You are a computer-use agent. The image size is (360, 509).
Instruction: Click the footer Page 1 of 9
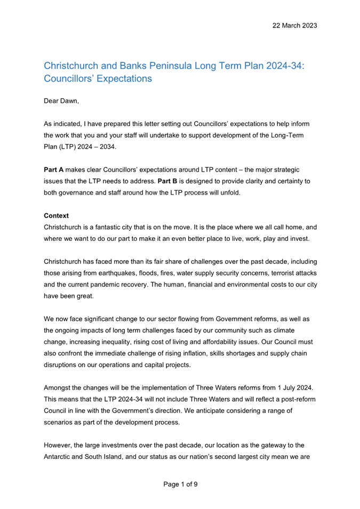180,484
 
